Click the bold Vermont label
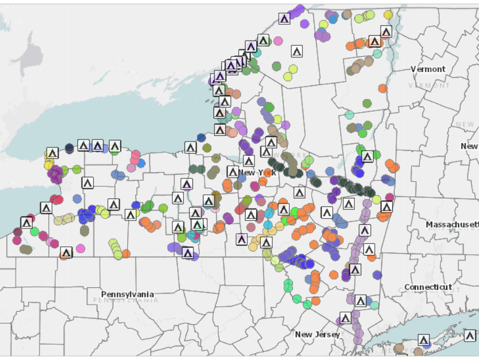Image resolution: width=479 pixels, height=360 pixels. coord(427,69)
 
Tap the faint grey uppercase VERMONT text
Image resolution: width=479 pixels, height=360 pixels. coord(429,85)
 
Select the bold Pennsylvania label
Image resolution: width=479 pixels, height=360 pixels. coord(127,294)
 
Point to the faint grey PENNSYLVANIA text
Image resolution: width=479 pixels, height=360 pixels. coord(125,300)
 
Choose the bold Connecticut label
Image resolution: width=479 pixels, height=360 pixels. coord(428,287)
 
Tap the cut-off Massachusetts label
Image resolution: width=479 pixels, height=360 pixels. coord(452,225)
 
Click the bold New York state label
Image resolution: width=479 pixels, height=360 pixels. coord(257,172)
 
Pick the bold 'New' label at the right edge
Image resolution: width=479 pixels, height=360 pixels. coord(469,146)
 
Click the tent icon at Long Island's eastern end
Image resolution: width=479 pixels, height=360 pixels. coord(470,335)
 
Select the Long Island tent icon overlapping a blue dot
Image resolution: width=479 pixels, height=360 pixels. coord(424,340)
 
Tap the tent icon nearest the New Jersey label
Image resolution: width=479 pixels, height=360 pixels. coord(345,318)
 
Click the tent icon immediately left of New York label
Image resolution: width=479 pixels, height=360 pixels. coord(233,172)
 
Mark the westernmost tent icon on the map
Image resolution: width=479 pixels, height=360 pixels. coord(26,223)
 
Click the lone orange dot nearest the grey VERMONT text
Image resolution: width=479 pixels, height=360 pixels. coord(382,88)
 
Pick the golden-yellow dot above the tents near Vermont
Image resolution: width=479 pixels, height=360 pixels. coord(388,15)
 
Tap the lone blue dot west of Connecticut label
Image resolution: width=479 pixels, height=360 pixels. coord(377,275)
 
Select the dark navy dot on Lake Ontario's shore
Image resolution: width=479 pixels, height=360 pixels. coord(69,148)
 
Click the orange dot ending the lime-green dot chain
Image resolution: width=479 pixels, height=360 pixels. coord(126,254)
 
